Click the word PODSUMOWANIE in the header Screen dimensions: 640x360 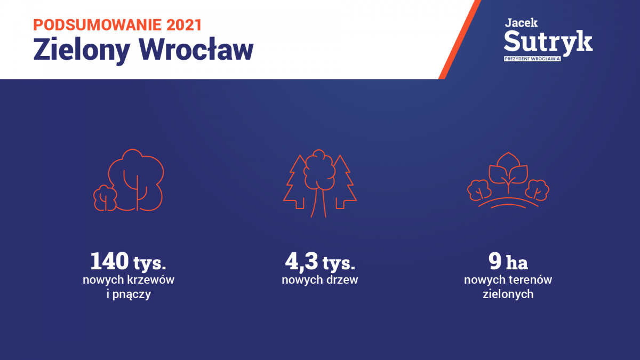point(98,25)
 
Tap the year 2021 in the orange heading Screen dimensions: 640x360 point(185,25)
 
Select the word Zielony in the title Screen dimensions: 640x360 point(82,50)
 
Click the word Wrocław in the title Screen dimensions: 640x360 point(196,49)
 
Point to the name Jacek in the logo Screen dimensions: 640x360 point(521,23)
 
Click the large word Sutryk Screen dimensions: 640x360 point(548,43)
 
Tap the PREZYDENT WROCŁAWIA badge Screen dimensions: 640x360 point(532,59)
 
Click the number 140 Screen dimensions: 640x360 point(109,261)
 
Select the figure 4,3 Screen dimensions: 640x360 point(301,261)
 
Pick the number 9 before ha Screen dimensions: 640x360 point(495,261)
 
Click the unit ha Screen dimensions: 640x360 point(517,262)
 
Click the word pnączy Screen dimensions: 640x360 point(131,294)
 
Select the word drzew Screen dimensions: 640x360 point(342,279)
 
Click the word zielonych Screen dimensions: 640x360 point(508,294)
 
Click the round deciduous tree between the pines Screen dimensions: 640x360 point(319,183)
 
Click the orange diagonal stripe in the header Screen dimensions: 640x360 point(459,39)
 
